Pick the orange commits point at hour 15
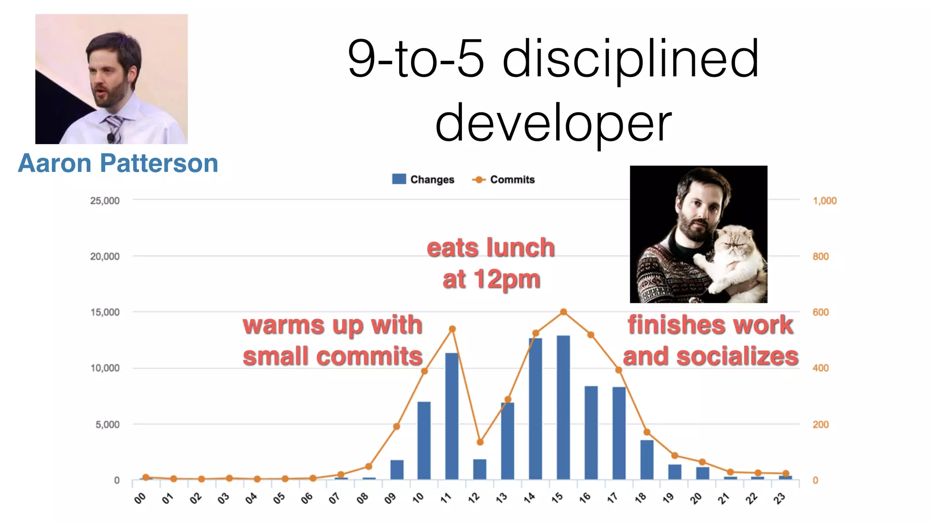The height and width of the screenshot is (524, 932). (563, 312)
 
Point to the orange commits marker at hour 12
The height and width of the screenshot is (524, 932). (480, 442)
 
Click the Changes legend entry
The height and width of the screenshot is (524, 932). (423, 180)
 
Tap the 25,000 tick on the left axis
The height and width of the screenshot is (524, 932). (105, 201)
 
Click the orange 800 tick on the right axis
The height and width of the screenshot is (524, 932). (821, 257)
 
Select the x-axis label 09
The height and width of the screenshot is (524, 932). (390, 499)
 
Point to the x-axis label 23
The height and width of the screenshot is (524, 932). (780, 499)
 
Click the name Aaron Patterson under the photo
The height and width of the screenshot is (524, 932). (118, 163)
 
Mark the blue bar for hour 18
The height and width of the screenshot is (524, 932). (647, 459)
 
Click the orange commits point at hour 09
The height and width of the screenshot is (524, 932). (396, 427)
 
